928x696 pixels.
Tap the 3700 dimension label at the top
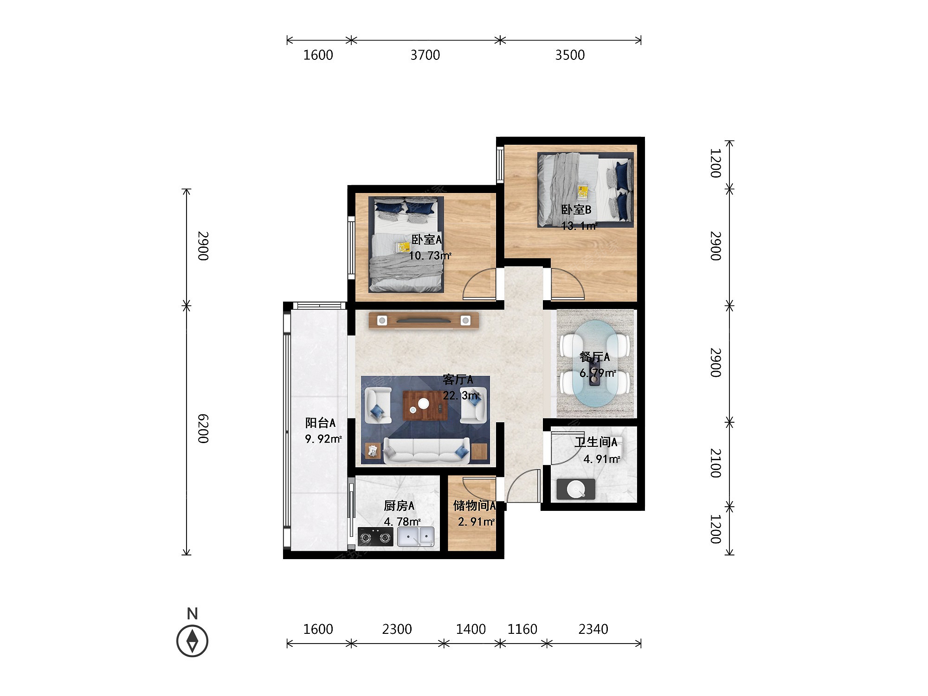pyautogui.click(x=425, y=55)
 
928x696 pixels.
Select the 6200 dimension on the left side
pyautogui.click(x=203, y=429)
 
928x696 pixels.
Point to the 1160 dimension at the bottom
pyautogui.click(x=522, y=629)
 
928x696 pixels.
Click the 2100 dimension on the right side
pyautogui.click(x=716, y=463)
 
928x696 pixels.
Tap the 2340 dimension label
pyautogui.click(x=593, y=629)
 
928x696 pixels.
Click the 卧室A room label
pyautogui.click(x=426, y=239)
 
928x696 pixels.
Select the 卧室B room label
pyautogui.click(x=576, y=210)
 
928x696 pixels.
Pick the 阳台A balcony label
pyautogui.click(x=320, y=423)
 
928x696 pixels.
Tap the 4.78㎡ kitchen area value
pyautogui.click(x=402, y=522)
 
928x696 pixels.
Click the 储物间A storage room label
pyautogui.click(x=474, y=505)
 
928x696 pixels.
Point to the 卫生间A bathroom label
pyautogui.click(x=596, y=442)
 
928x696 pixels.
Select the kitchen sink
pyautogui.click(x=416, y=537)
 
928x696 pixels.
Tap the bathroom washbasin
pyautogui.click(x=576, y=489)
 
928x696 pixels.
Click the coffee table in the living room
pyautogui.click(x=425, y=405)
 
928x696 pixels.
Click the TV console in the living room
pyautogui.click(x=424, y=321)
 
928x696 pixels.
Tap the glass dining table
pyautogui.click(x=596, y=364)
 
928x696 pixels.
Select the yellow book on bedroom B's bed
pyautogui.click(x=583, y=191)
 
